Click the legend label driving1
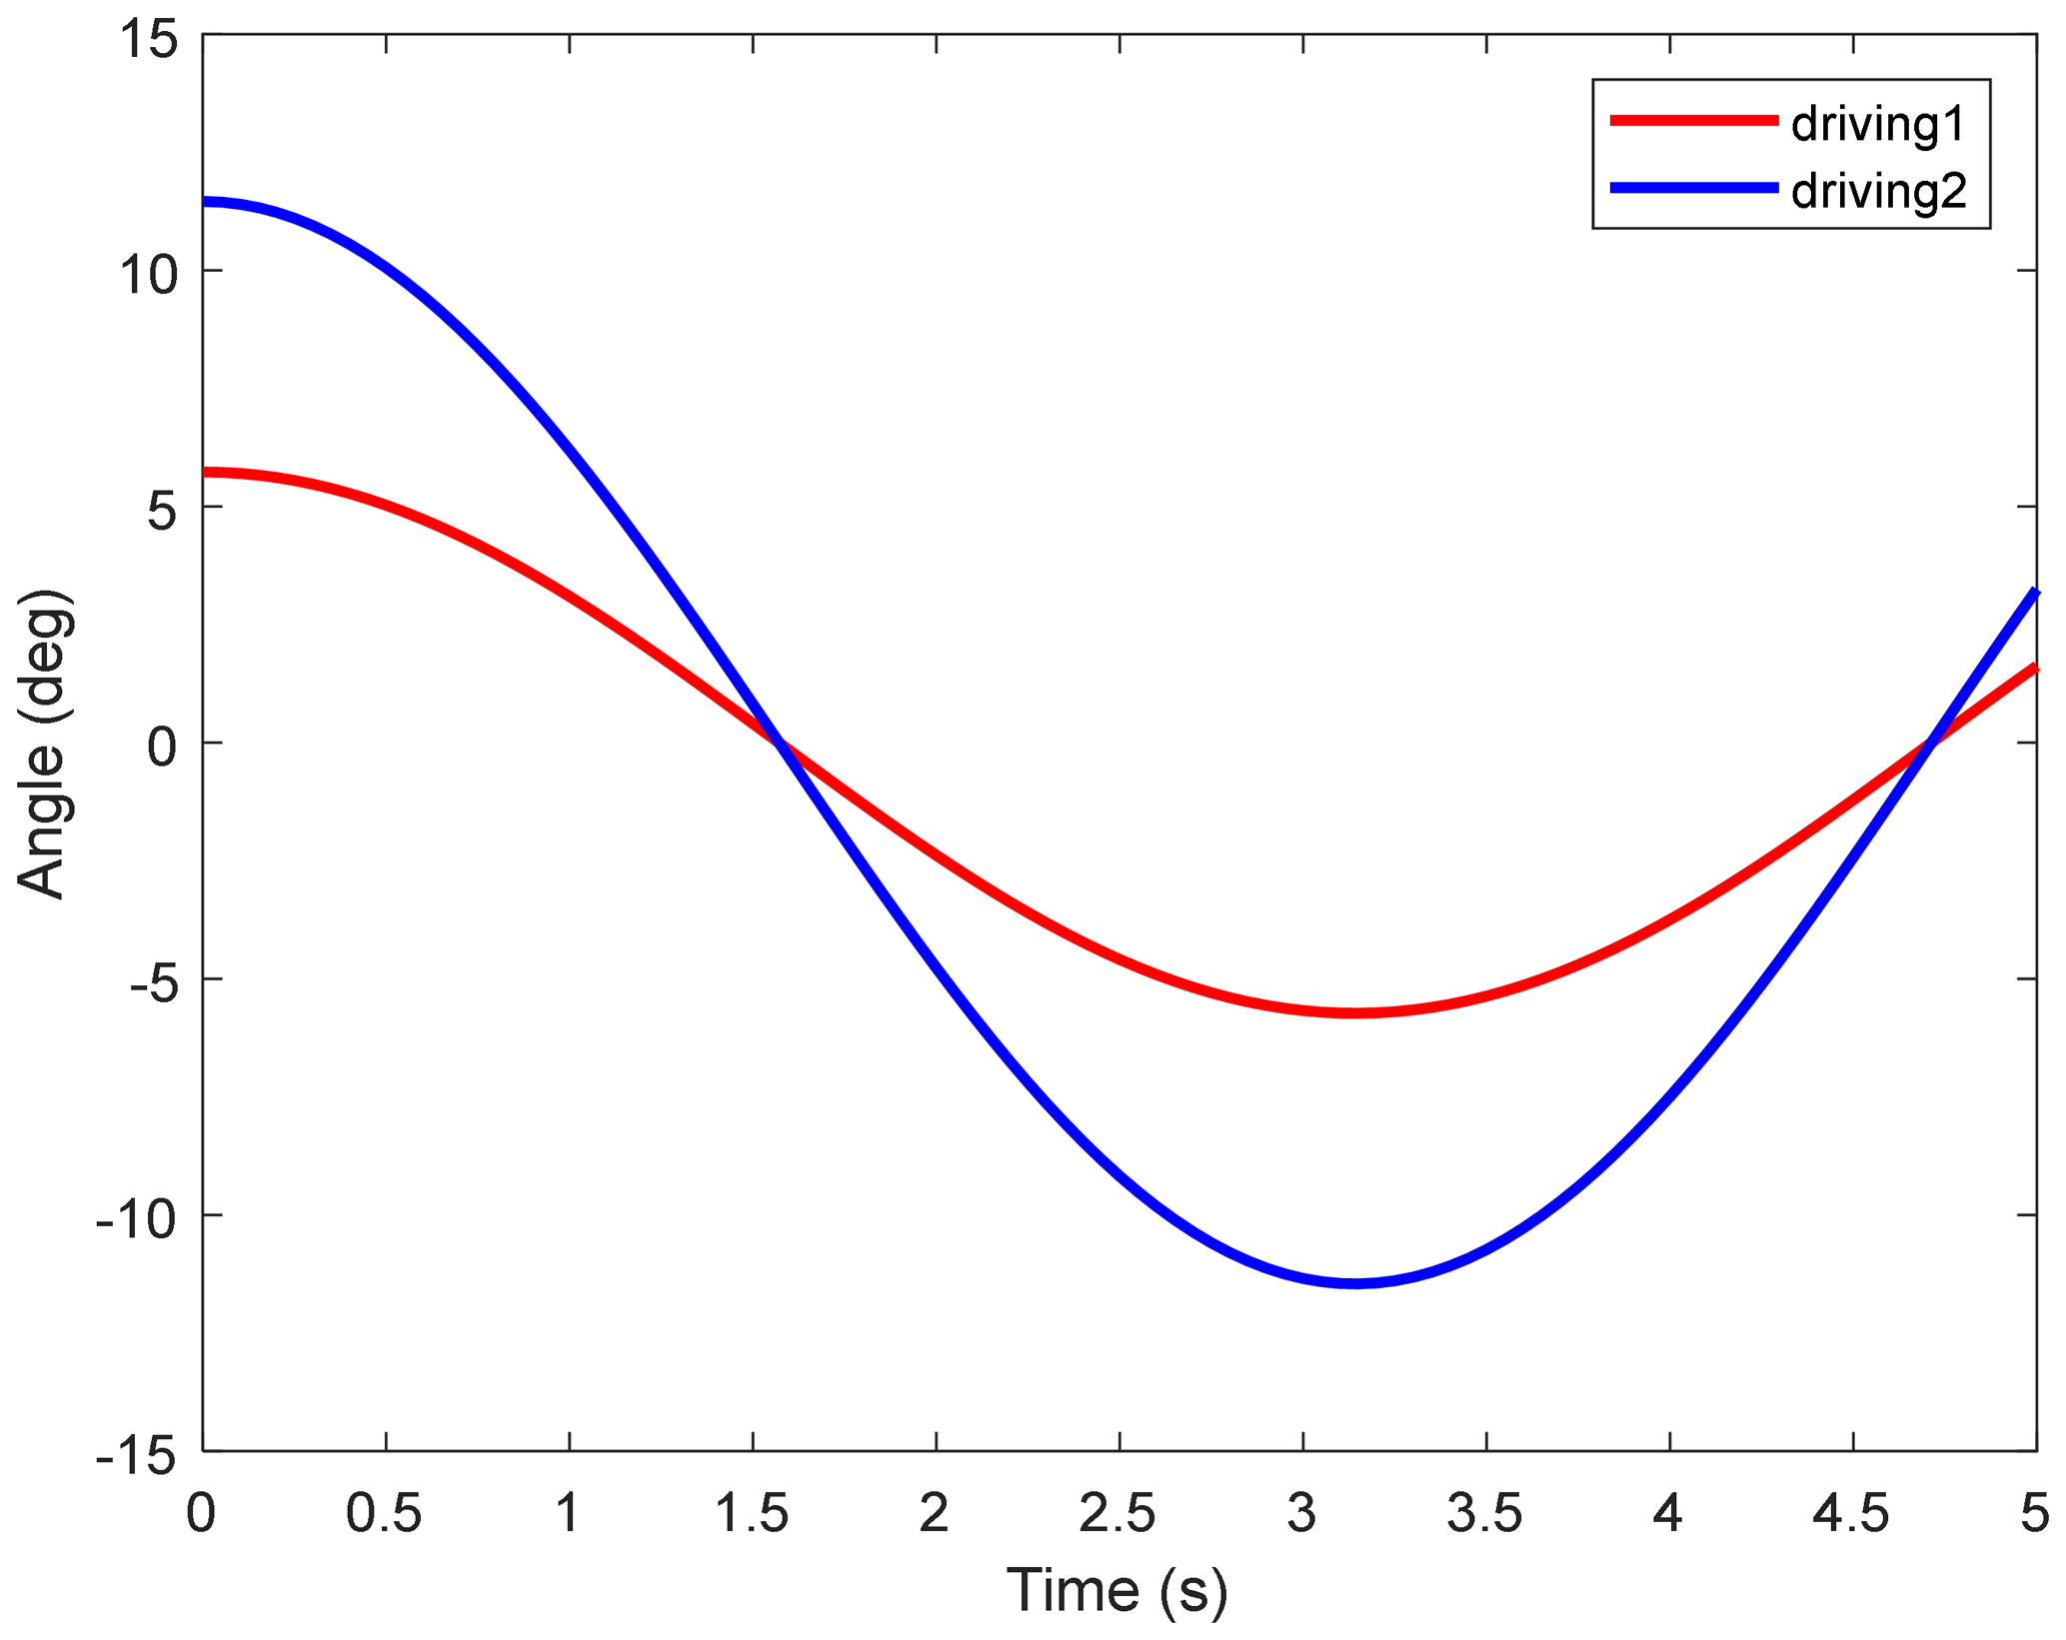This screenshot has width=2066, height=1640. click(1878, 124)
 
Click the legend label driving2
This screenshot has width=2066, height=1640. click(1878, 191)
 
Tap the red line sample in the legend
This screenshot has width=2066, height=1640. click(1693, 120)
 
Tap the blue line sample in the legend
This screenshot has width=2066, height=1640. click(1693, 188)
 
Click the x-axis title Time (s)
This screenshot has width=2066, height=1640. click(1116, 1590)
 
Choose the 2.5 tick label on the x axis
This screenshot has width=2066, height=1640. click(1117, 1514)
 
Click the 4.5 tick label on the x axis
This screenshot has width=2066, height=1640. click(1851, 1514)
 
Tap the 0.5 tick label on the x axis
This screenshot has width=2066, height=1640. click(384, 1514)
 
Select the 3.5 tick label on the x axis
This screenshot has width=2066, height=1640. click(1485, 1514)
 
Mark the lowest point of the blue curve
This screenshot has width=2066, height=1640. click(1355, 1283)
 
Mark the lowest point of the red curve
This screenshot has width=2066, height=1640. click(1355, 1013)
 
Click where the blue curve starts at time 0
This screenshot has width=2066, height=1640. click(205, 202)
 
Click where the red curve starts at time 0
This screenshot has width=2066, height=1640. click(205, 472)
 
